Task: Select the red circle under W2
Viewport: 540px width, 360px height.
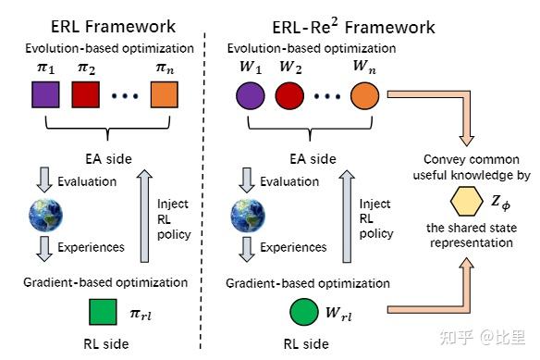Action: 289,95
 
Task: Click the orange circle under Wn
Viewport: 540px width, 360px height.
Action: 364,95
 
